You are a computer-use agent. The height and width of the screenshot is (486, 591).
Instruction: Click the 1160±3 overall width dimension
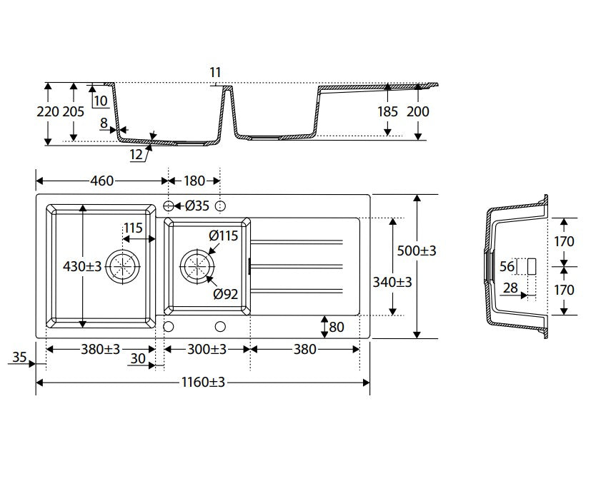click(x=203, y=382)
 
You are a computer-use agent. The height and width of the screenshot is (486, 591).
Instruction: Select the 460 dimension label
click(x=101, y=181)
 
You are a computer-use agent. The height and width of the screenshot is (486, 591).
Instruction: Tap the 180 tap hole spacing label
click(x=194, y=181)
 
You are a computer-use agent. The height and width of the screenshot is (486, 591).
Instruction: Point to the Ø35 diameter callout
click(x=197, y=206)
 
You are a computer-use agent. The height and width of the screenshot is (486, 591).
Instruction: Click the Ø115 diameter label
click(x=224, y=236)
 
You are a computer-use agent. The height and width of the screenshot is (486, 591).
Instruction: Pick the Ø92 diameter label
click(x=225, y=294)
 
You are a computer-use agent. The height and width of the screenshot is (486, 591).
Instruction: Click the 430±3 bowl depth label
click(x=82, y=266)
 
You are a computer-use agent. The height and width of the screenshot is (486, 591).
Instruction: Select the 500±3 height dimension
click(x=416, y=250)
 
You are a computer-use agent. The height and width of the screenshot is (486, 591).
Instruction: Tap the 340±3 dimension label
click(x=392, y=282)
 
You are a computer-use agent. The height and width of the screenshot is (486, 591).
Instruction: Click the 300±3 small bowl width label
click(x=207, y=350)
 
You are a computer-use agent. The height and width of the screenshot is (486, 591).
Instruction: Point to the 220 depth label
click(x=48, y=111)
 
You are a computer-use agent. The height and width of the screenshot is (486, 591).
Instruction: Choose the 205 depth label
click(x=73, y=111)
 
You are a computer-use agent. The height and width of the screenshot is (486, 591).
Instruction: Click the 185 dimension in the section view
click(x=387, y=111)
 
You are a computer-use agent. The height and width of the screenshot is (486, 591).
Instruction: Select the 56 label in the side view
click(x=507, y=266)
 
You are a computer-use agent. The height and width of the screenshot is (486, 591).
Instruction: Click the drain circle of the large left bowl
click(x=122, y=266)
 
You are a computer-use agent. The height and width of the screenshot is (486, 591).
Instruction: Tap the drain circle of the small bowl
click(x=197, y=266)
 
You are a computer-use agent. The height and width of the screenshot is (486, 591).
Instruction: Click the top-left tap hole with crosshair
click(x=169, y=206)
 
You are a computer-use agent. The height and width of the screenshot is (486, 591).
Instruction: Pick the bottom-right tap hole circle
click(x=221, y=326)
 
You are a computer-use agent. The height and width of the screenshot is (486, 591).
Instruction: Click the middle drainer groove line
click(x=297, y=266)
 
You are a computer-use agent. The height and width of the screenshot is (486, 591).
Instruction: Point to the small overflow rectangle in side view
click(x=532, y=266)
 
